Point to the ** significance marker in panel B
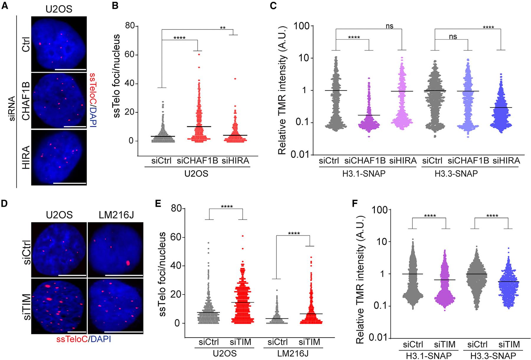click(223, 28)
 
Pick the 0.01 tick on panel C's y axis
click(302, 154)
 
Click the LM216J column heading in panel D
click(115, 215)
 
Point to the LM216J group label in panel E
click(294, 353)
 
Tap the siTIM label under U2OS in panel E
click(241, 342)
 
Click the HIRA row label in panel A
click(27, 158)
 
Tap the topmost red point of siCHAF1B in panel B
click(199, 55)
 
